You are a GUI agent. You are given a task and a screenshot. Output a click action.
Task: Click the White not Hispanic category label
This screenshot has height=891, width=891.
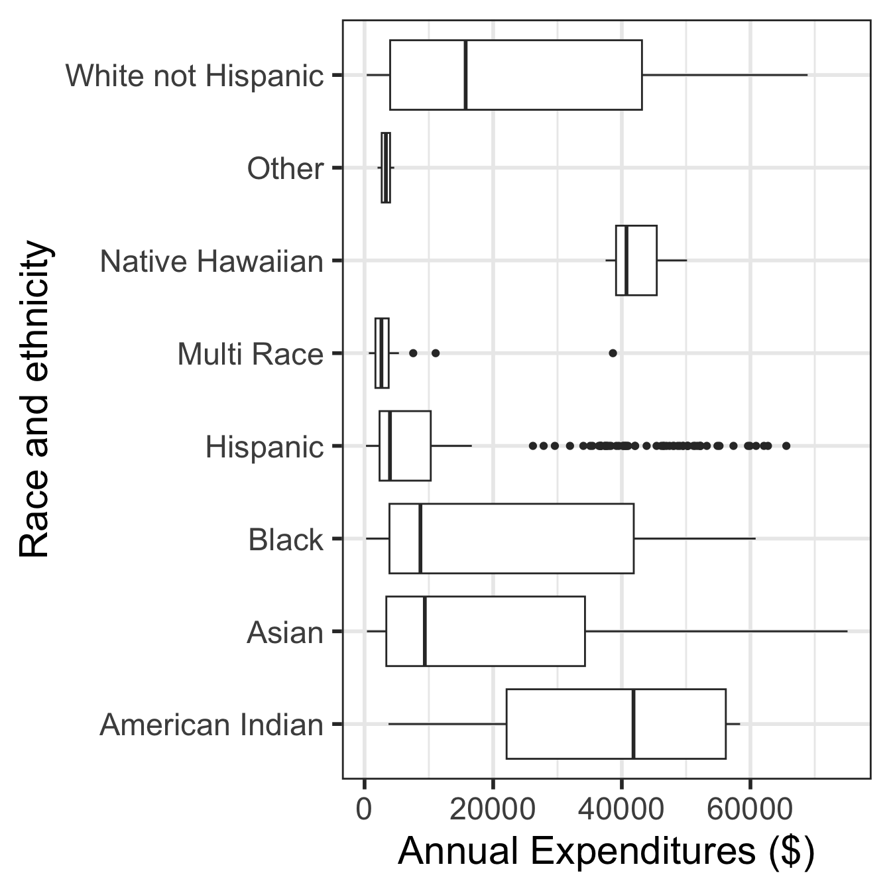[195, 76]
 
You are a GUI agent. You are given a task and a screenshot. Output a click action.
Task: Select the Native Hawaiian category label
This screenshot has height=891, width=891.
[211, 262]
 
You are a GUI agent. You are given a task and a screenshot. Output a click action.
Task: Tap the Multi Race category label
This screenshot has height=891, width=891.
[250, 355]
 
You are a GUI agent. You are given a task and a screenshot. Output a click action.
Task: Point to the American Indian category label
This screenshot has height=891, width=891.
[211, 725]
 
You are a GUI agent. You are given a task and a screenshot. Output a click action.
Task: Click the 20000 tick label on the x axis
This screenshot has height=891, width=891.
[493, 809]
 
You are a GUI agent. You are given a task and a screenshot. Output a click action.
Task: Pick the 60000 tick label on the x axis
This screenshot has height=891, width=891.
[750, 809]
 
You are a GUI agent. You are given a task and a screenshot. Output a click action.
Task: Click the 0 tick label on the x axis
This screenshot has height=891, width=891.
[364, 809]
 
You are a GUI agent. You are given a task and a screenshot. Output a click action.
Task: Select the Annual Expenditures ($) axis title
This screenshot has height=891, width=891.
[606, 852]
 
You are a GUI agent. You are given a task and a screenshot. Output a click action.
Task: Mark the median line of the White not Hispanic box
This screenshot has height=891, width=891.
[465, 75]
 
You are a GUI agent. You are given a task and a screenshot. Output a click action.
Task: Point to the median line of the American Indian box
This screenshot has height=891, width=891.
[634, 724]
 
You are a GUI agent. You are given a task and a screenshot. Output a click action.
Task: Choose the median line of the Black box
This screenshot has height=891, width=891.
[420, 538]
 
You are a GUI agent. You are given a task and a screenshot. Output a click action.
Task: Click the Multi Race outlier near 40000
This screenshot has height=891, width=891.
[613, 353]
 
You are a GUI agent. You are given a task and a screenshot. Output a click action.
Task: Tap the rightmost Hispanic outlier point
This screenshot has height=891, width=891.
[786, 445]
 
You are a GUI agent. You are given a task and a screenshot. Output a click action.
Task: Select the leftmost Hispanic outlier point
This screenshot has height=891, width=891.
[532, 445]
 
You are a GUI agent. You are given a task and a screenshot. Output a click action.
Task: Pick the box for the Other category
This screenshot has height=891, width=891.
[386, 168]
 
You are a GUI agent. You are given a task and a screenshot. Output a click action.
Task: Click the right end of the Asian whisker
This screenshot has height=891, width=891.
[847, 631]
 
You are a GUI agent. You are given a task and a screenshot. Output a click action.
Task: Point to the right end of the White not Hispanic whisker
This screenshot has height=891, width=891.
[807, 75]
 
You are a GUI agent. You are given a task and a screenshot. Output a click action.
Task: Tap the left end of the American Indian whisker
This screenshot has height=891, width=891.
[388, 724]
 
